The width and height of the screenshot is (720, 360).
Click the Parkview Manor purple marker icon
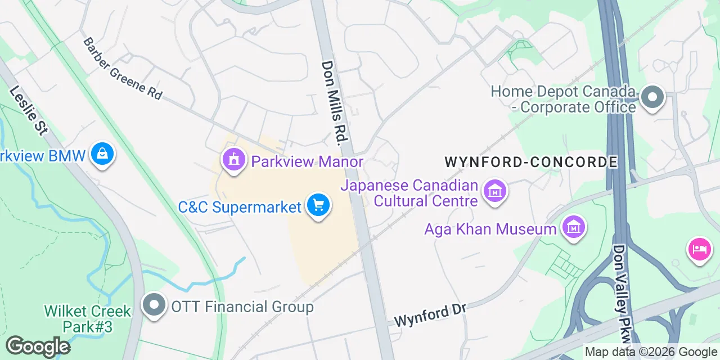233,160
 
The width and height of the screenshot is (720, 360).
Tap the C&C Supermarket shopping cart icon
318,205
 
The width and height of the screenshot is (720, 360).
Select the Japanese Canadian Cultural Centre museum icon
495,192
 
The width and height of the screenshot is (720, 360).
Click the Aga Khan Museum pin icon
573,228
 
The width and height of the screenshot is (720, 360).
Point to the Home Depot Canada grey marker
652,97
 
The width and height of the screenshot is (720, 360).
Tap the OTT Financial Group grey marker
154,305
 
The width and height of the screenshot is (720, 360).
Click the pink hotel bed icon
699,249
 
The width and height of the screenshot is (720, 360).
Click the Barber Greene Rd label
123,69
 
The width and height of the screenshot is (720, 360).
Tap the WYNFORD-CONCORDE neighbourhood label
531,163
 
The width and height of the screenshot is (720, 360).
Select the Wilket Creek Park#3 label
88,318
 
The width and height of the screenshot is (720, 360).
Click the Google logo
38,346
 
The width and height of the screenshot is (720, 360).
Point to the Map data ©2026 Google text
651,352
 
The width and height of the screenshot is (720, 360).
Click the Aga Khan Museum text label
490,229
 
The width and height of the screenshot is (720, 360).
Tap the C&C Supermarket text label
240,207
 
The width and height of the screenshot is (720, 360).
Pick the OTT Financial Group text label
242,307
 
